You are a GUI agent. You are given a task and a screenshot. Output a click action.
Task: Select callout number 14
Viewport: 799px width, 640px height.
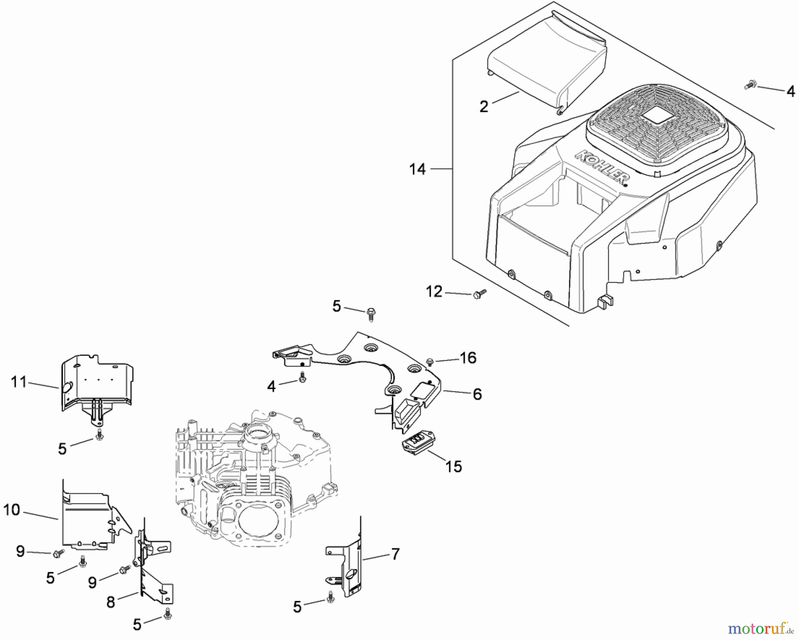coord(417,169)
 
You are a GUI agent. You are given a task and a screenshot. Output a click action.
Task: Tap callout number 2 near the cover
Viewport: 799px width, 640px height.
coord(484,107)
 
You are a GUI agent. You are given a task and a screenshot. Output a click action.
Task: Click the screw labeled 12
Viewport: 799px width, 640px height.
coord(479,293)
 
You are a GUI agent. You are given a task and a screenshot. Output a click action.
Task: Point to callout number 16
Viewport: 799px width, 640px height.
coord(468,358)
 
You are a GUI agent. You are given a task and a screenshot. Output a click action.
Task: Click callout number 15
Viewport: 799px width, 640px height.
coord(454,466)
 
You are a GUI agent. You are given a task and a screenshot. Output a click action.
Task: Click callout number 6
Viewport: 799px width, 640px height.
coord(477,394)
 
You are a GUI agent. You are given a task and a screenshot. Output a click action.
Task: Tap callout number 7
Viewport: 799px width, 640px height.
coord(395,554)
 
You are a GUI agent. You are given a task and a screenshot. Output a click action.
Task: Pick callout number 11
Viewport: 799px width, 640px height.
coord(19,382)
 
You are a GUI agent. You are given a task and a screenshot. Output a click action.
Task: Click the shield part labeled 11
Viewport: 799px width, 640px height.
coord(95,382)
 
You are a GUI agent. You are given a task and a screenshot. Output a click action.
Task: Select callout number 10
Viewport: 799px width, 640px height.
coord(12,510)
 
